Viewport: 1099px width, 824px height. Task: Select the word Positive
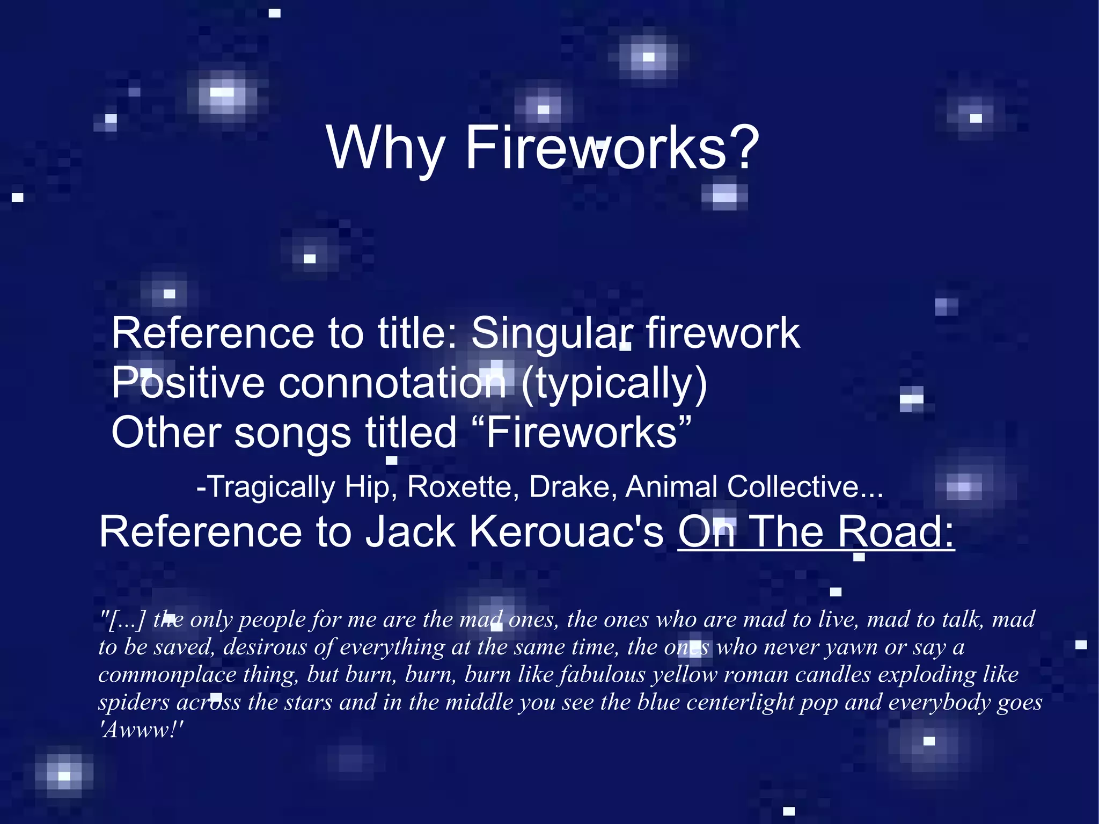(188, 383)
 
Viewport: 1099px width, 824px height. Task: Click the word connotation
(392, 383)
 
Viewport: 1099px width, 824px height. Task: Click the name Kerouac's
(566, 532)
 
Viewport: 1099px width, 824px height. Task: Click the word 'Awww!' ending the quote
(142, 730)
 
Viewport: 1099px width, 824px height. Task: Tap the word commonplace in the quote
(167, 675)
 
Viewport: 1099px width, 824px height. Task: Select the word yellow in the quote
(684, 675)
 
